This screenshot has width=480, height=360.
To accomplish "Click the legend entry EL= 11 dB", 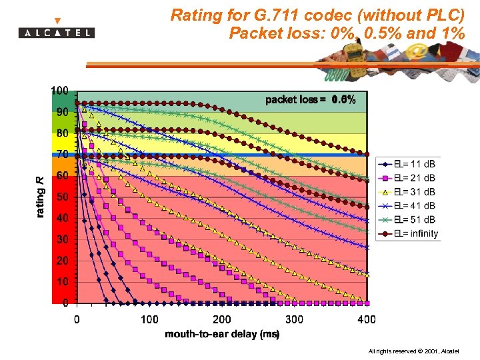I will point(414,164).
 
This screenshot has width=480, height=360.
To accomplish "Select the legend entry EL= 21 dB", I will point(414,178).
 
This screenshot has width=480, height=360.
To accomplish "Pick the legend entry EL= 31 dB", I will point(414,192).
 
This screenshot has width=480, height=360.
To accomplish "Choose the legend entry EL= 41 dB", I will point(414,206).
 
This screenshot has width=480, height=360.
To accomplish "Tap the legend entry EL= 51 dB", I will point(414,219).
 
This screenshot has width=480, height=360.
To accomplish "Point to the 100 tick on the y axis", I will point(61,91).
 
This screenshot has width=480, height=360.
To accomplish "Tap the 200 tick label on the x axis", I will point(222,320).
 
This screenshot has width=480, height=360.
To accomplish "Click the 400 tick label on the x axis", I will point(366,320).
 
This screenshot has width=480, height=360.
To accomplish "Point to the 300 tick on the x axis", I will point(294,320).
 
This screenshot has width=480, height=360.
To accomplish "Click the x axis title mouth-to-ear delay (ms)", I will point(222,334).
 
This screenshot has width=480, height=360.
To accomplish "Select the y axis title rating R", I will point(41,197).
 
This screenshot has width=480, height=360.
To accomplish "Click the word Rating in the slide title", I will point(194,15).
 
